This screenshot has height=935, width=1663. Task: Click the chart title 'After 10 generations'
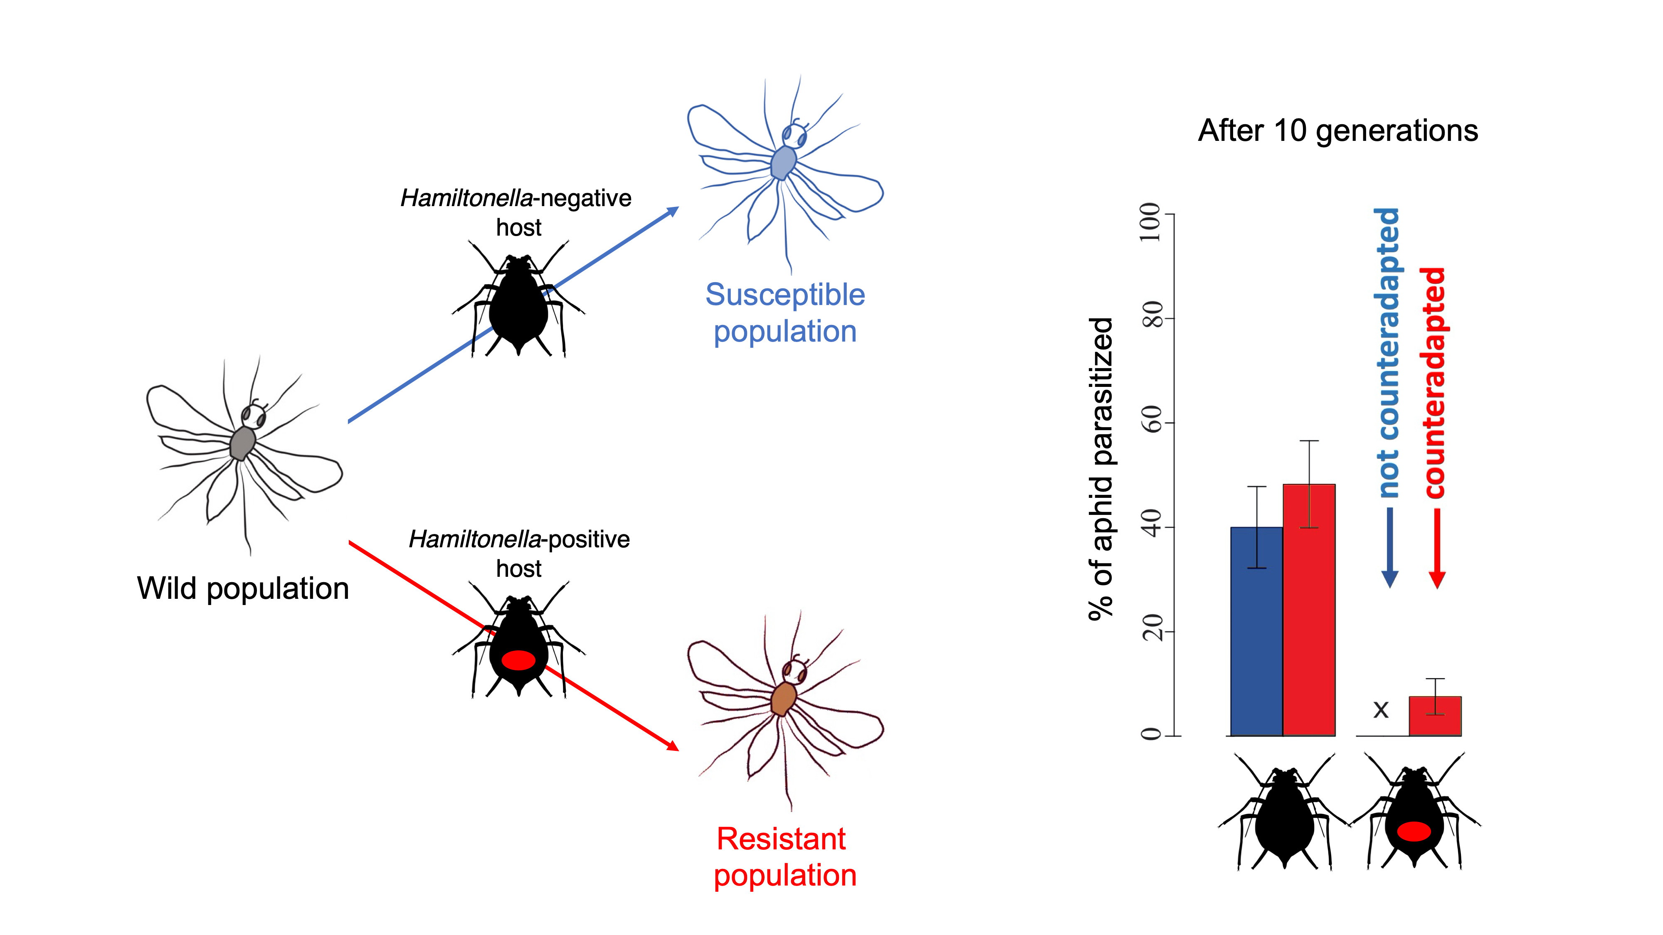tap(1337, 131)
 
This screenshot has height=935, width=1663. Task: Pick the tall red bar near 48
tap(1309, 610)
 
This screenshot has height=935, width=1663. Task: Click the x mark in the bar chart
tap(1381, 710)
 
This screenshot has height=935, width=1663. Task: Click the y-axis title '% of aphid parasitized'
tap(1101, 468)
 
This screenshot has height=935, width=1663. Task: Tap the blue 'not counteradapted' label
tap(1388, 353)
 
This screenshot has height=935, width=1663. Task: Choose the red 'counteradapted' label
tap(1434, 383)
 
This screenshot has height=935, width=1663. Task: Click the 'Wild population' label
tap(243, 588)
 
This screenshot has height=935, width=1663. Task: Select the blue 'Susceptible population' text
tap(785, 313)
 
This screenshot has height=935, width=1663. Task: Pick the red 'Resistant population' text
tap(784, 857)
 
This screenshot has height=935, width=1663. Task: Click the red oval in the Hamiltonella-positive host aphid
tap(518, 660)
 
